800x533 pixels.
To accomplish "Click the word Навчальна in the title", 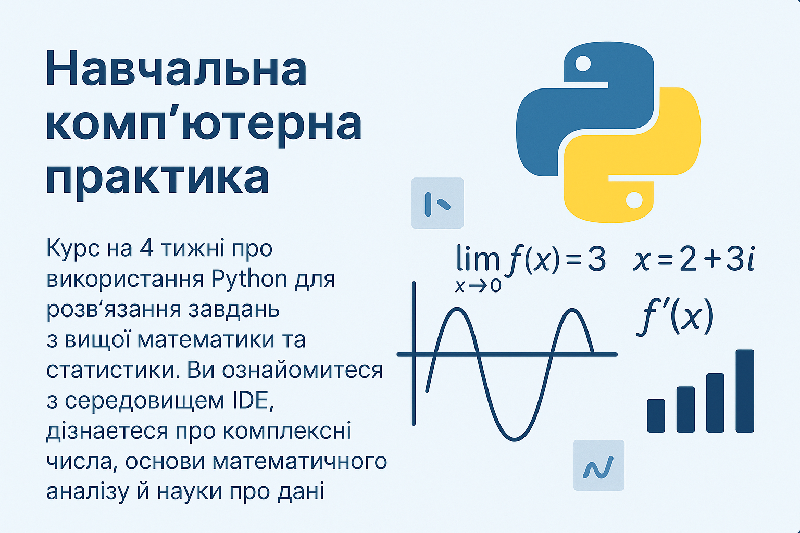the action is click(176, 69).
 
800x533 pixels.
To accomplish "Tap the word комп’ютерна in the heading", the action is click(204, 125).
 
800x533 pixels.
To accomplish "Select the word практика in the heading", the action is click(157, 179).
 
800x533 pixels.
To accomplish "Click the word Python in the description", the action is click(249, 279).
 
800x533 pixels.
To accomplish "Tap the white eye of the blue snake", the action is click(583, 64).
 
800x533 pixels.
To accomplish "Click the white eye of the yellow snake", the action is click(634, 200).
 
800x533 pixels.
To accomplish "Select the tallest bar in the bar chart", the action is click(745, 391).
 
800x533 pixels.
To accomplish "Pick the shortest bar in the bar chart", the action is click(656, 415).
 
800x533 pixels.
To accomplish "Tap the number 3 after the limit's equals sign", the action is click(596, 259).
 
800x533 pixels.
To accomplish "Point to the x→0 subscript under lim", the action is click(478, 286).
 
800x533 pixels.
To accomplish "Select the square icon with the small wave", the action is click(599, 465).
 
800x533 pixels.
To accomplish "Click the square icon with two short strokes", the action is click(438, 203).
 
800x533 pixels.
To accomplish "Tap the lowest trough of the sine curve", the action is click(515, 439).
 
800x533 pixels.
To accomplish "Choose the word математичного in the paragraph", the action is click(300, 461).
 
